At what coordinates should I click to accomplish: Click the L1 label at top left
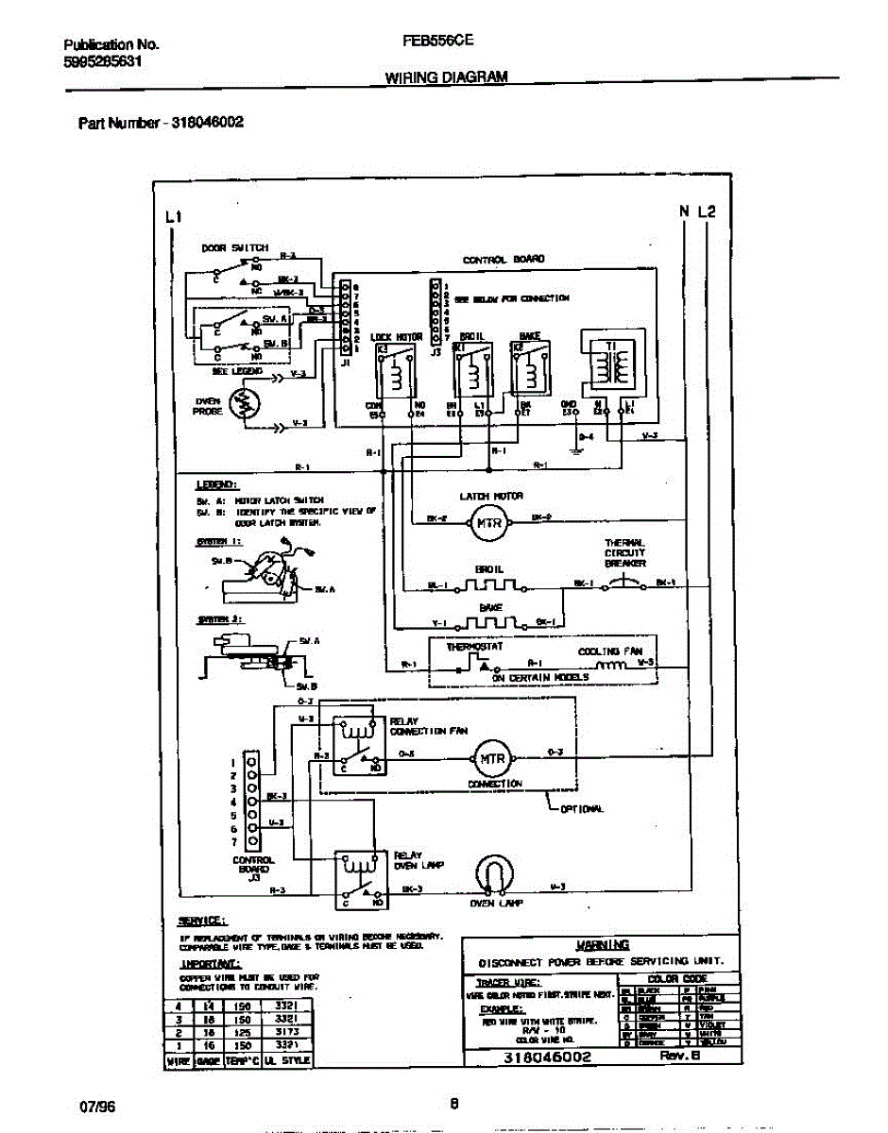point(173,217)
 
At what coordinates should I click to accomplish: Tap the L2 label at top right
point(709,211)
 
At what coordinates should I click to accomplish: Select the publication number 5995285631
point(104,62)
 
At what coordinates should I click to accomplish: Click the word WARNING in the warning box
point(602,945)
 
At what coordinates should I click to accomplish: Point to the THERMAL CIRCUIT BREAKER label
point(625,553)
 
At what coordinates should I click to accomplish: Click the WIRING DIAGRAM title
point(447,78)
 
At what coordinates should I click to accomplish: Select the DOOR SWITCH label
point(234,248)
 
